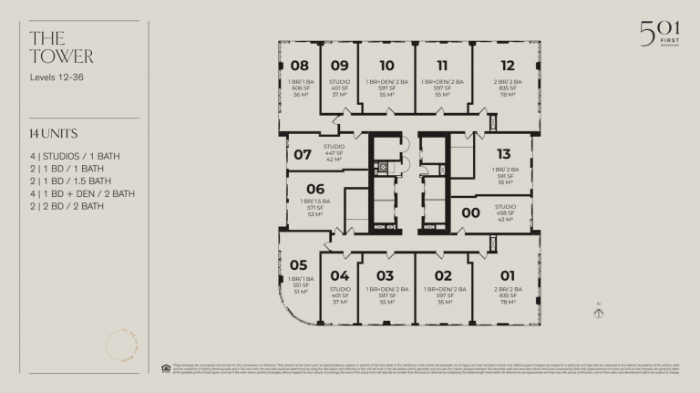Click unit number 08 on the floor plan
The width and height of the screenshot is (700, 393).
[x=300, y=66]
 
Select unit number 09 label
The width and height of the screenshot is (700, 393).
[x=339, y=66]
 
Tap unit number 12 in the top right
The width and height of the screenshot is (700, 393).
[x=508, y=66]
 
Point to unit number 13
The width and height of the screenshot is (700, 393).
[x=504, y=154]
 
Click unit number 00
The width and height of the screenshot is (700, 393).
[x=471, y=212]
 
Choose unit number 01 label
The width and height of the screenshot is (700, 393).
[x=508, y=275]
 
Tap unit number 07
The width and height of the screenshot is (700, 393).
[x=303, y=155]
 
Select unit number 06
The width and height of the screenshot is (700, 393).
[x=315, y=190]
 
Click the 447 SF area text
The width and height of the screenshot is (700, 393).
[x=334, y=153]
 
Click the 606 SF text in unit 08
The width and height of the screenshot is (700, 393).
[x=300, y=88]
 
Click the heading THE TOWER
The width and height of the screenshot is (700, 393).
[x=61, y=47]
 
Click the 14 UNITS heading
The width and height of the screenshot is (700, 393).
[x=53, y=134]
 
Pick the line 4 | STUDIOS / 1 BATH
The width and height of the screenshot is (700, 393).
[x=74, y=156]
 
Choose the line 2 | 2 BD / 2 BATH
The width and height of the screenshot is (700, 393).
[x=67, y=206]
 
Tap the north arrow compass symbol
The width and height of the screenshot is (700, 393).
[x=598, y=312]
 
